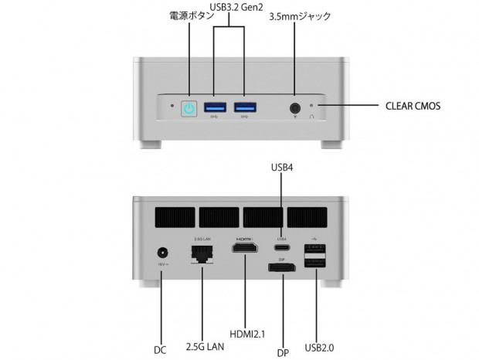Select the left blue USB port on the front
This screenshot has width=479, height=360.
216,107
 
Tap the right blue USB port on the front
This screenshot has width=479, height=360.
245,107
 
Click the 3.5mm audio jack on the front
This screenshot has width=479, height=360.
294,108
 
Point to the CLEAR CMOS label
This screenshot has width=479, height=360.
413,106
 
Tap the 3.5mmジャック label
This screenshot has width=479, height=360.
299,15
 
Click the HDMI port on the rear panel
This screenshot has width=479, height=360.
246,251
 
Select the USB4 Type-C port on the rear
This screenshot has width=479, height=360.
282,250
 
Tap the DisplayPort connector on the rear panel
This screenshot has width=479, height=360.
283,268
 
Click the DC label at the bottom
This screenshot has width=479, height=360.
160,350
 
